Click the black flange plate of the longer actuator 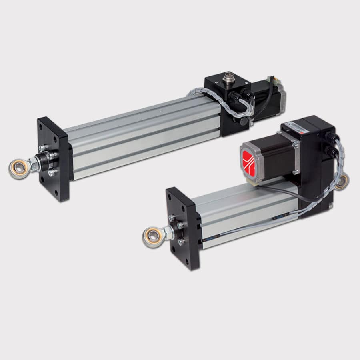click(54, 160)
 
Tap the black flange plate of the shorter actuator click(184, 228)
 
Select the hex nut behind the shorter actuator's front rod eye click(168, 232)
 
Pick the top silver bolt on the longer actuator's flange click(43, 148)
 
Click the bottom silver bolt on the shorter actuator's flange click(181, 242)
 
